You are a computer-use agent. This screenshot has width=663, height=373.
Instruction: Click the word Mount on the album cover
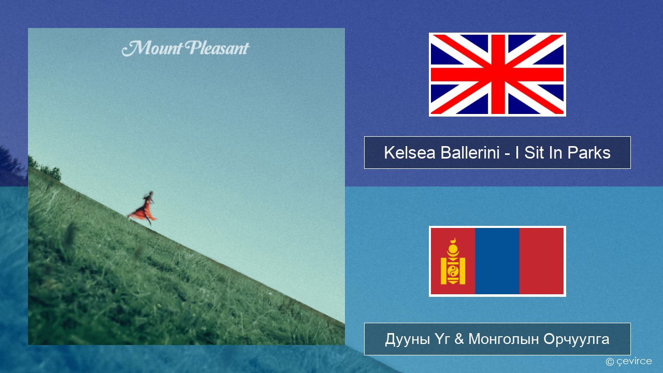[x=152, y=48]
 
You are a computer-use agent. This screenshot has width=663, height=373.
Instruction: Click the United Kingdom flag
[x=497, y=75]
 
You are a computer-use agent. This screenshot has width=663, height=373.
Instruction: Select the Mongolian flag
[x=497, y=261]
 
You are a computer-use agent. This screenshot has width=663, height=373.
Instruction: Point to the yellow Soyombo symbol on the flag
[x=453, y=262]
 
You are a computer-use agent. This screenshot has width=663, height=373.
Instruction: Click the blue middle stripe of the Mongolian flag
[x=497, y=261]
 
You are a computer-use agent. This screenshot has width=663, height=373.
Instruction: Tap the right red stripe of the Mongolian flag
[x=541, y=261]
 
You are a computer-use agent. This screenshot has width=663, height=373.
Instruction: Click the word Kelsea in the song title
[x=409, y=153]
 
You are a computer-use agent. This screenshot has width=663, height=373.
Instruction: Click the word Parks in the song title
[x=589, y=153]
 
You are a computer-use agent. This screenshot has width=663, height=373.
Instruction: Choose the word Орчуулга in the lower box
[x=576, y=339]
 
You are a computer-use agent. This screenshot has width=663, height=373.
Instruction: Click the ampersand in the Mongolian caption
[x=458, y=339]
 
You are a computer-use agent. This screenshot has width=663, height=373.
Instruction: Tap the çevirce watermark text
[x=634, y=362]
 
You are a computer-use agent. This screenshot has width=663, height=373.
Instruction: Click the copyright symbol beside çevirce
[x=610, y=362]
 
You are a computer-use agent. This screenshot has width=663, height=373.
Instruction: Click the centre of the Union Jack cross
[x=497, y=75]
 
